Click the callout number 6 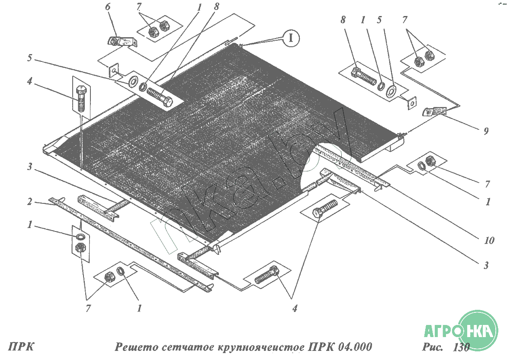[x=108, y=6]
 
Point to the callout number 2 [x=30, y=202]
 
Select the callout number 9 [x=486, y=131]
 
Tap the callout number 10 [x=489, y=240]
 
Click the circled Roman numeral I [x=291, y=38]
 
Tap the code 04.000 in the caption [x=354, y=347]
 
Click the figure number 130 [x=461, y=347]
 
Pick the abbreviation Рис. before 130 [x=433, y=347]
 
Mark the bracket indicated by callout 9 [x=435, y=112]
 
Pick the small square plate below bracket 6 [x=114, y=70]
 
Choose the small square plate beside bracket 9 [x=411, y=103]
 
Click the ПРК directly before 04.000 [x=321, y=347]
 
